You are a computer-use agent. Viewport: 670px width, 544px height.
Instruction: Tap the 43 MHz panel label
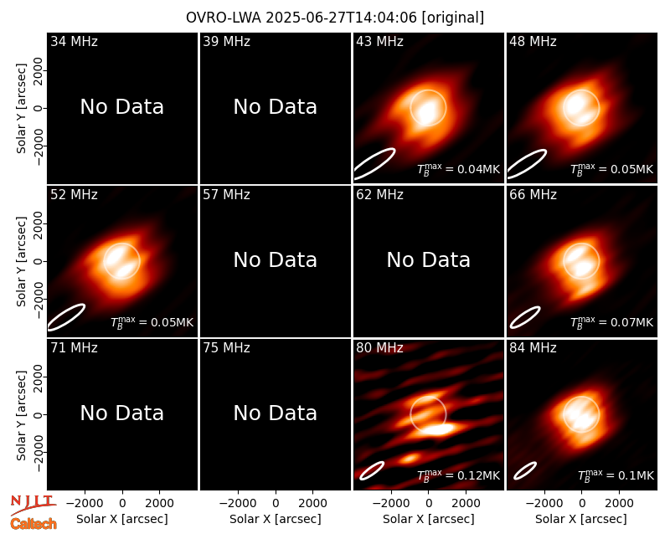(379, 41)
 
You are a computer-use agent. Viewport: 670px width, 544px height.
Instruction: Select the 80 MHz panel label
(379, 348)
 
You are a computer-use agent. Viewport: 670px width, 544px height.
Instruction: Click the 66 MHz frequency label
(533, 195)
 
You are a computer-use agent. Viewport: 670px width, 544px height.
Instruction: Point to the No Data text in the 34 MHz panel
(121, 107)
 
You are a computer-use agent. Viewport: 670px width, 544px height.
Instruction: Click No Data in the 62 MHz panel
(428, 259)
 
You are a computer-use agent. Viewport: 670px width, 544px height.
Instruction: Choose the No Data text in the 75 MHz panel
(276, 413)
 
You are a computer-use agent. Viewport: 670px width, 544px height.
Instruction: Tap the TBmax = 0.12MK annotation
(458, 475)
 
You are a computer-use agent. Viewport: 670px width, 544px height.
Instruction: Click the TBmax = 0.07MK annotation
(612, 322)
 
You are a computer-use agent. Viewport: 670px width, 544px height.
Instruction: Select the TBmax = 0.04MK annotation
(458, 169)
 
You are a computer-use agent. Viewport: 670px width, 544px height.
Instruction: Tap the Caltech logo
(33, 524)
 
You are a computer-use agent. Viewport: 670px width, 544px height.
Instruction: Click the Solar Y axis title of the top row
(21, 109)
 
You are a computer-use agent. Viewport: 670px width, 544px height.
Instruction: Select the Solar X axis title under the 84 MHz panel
(581, 519)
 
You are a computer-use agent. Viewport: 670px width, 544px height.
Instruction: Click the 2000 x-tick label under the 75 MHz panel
(312, 504)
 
